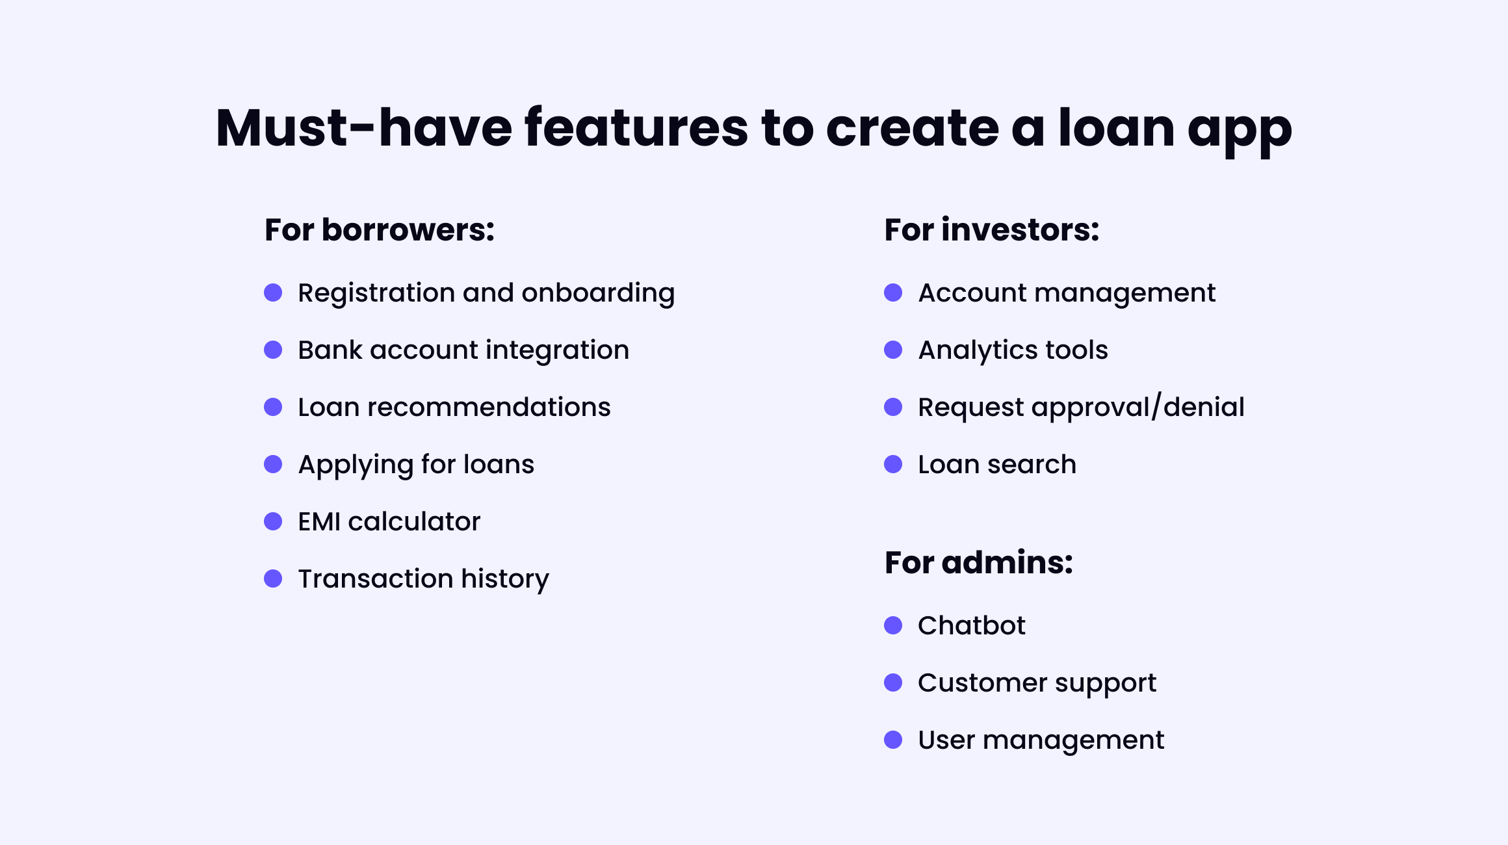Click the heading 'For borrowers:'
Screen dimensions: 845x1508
380,230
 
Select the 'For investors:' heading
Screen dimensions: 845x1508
991,230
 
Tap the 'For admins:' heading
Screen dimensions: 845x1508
978,562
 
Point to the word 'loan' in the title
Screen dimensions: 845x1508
1116,128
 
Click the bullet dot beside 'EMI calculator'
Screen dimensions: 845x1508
273,521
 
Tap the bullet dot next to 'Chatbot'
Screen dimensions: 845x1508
893,625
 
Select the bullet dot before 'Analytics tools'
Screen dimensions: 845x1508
893,350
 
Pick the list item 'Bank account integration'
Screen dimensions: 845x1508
463,350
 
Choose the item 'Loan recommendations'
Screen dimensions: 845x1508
454,408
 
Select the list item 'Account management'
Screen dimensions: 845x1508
1066,293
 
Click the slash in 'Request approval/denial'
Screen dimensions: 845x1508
1156,407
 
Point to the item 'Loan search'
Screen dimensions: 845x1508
996,465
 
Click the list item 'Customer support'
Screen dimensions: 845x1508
1037,683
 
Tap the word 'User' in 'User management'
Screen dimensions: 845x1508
946,740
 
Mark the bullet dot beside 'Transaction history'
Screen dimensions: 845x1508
273,578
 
